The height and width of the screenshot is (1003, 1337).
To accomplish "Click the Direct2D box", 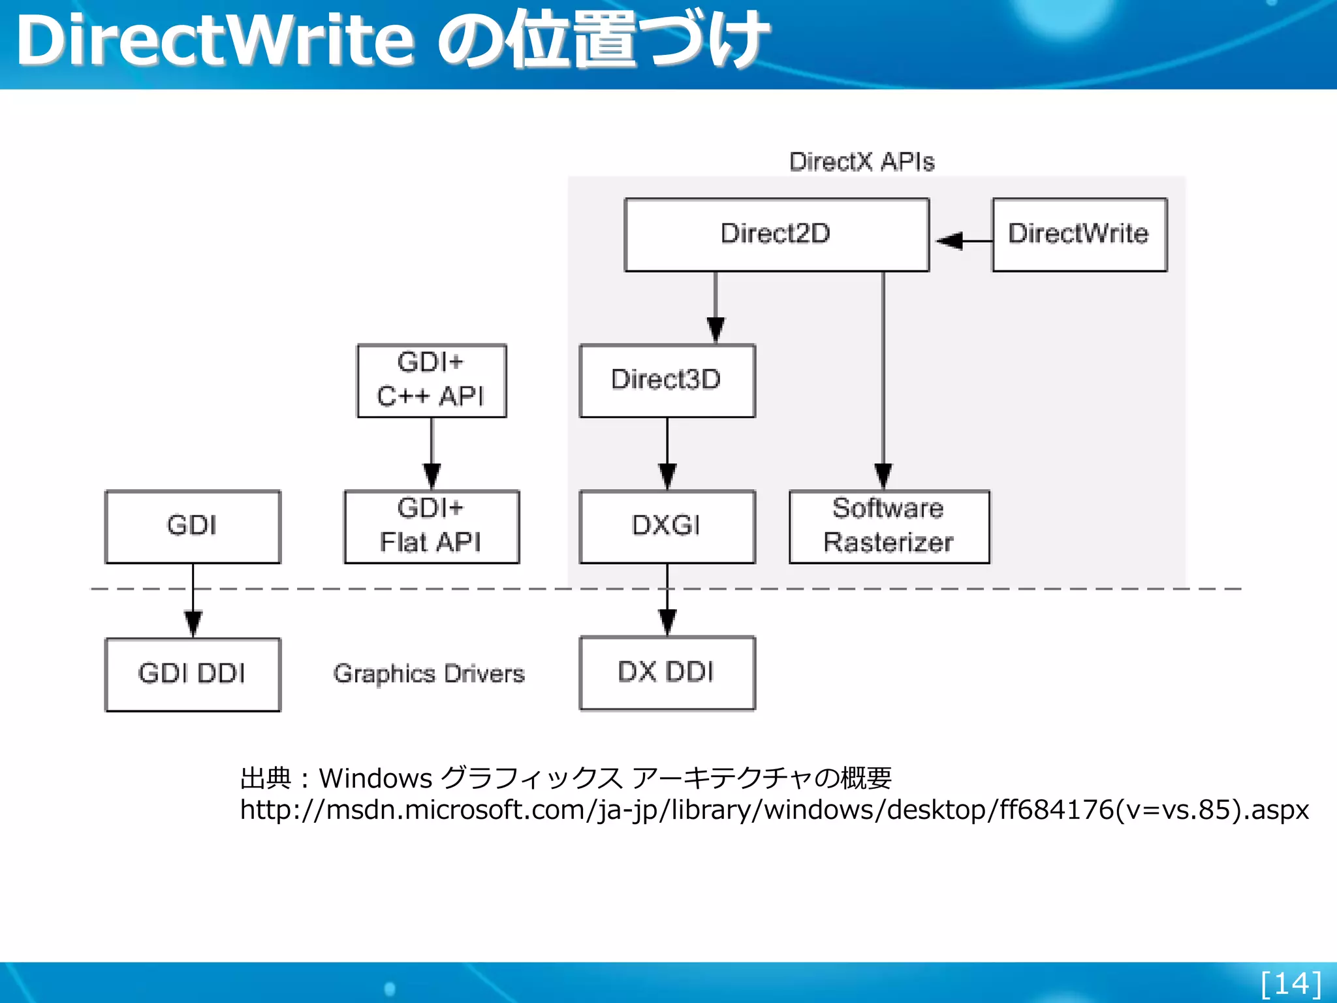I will (x=776, y=234).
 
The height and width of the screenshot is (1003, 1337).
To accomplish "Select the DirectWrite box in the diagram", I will (x=1079, y=234).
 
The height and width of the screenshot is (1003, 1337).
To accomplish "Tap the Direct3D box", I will (x=667, y=381).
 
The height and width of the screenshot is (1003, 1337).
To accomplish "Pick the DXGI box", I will (x=667, y=526).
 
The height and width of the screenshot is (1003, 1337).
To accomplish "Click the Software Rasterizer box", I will (x=889, y=526).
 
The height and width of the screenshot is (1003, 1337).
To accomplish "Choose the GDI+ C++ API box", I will (x=431, y=381).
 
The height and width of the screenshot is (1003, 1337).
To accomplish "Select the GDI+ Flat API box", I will (x=431, y=526).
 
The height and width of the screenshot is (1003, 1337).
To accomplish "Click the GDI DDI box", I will (x=193, y=674).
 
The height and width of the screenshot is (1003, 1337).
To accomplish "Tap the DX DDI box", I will (x=667, y=673).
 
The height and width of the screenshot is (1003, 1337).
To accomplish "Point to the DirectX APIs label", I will (x=862, y=162).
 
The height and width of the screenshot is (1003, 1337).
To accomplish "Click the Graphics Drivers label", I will (x=429, y=674).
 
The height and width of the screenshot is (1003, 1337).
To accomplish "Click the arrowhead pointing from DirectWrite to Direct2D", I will (x=950, y=241).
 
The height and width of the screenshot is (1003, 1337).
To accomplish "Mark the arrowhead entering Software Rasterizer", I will (x=883, y=475).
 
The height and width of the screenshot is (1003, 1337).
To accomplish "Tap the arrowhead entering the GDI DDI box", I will (x=193, y=623).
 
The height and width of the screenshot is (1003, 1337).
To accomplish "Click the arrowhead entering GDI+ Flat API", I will (x=432, y=475).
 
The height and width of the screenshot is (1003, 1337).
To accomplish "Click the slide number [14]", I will (x=1291, y=983).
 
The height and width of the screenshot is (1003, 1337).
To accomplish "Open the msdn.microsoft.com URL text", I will (x=774, y=810).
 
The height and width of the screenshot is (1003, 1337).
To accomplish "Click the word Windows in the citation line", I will (x=375, y=778).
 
